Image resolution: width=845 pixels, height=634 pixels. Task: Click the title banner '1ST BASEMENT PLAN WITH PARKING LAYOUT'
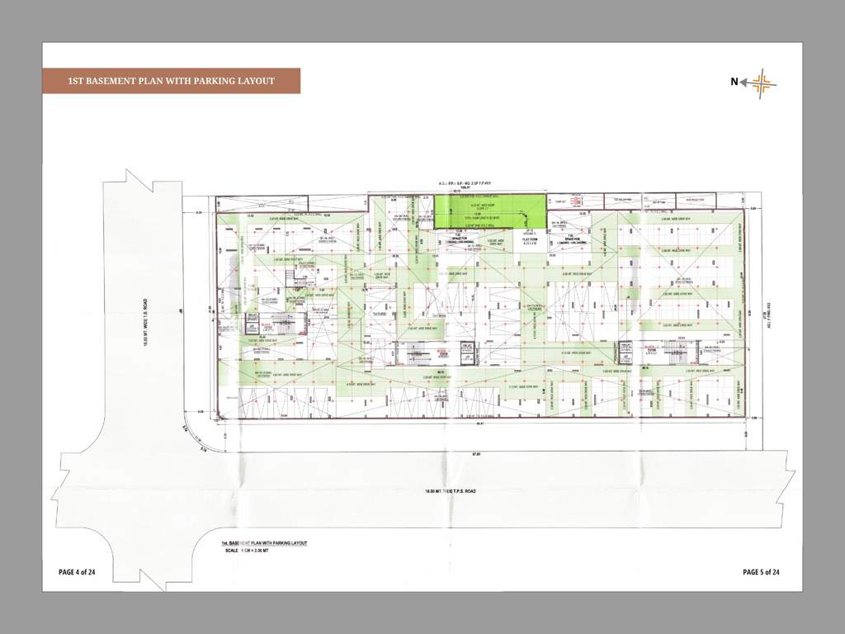pyautogui.click(x=171, y=81)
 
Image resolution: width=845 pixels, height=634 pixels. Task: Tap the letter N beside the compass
pyautogui.click(x=734, y=81)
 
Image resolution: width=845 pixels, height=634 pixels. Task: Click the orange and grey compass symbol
pyautogui.click(x=761, y=81)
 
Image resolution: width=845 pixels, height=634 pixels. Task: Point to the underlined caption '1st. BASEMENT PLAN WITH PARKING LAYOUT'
pyautogui.click(x=263, y=542)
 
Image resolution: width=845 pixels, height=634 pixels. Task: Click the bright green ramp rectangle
pyautogui.click(x=490, y=211)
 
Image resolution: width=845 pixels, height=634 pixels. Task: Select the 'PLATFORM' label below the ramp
pyautogui.click(x=526, y=239)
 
